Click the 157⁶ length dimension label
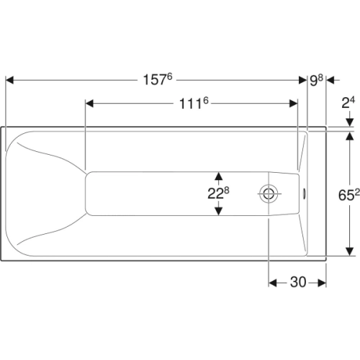pyautogui.click(x=158, y=79)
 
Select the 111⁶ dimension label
pyautogui.click(x=194, y=104)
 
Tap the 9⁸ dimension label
pyautogui.click(x=316, y=80)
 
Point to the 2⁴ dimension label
pyautogui.click(x=348, y=103)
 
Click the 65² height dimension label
pyautogui.click(x=349, y=195)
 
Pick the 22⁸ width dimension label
pyautogui.click(x=218, y=193)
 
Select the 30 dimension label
pyautogui.click(x=298, y=282)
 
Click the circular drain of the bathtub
pyautogui.click(x=269, y=194)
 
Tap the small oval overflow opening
pyautogui.click(x=304, y=194)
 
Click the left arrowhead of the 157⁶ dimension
pyautogui.click(x=9, y=80)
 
